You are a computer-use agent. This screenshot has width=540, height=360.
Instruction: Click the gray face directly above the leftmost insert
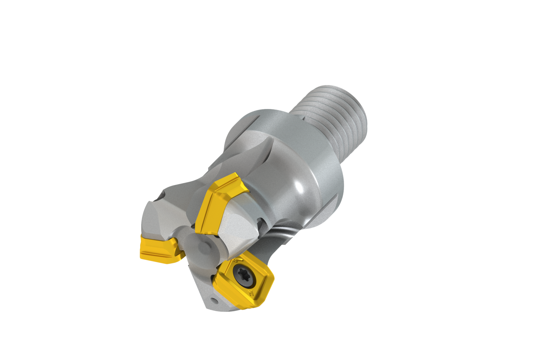point(158,220)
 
